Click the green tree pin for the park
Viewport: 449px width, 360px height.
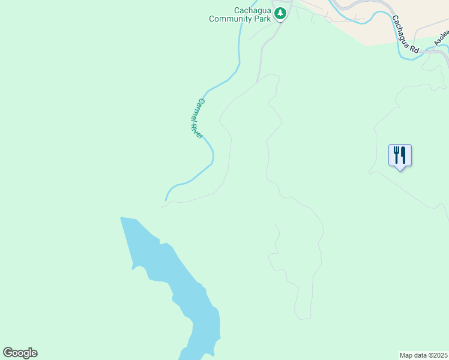click(280, 13)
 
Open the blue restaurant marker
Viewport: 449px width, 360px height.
click(400, 156)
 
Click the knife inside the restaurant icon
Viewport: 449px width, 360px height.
click(403, 155)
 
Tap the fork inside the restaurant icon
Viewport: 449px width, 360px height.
click(396, 155)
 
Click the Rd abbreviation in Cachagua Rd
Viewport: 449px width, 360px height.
click(414, 49)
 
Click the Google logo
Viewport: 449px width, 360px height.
click(20, 353)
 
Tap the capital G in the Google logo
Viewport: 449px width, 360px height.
click(8, 353)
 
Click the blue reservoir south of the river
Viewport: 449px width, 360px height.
click(180, 282)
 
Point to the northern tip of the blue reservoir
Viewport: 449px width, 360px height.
click(122, 218)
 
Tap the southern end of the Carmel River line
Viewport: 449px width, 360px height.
click(166, 199)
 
